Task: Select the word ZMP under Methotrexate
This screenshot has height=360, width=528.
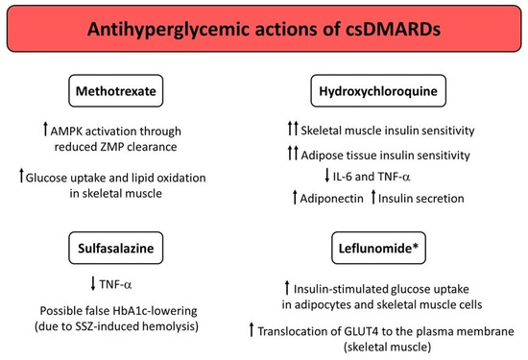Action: (x=140, y=147)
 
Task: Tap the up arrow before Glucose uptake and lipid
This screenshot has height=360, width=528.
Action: (x=65, y=175)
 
